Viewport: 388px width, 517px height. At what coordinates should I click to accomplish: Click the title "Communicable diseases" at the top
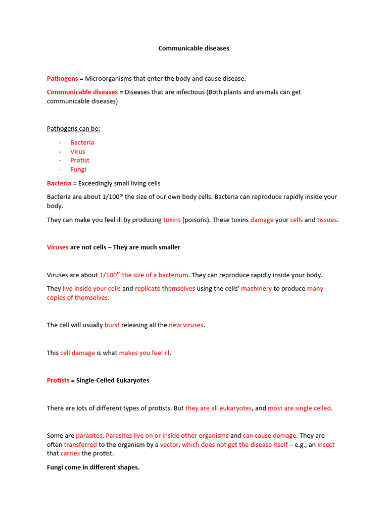point(193,48)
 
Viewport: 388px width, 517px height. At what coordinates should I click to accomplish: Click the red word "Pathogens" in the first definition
point(62,79)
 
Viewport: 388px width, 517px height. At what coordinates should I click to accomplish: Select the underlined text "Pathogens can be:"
point(73,129)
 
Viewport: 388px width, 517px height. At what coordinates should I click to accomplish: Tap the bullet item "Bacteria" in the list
point(82,142)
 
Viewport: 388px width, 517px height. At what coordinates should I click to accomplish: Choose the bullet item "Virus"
point(78,151)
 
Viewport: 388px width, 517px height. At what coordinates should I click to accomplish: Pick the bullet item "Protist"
point(80,161)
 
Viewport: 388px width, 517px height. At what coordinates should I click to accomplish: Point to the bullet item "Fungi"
point(78,170)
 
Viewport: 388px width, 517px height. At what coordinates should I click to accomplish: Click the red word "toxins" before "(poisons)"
point(172,220)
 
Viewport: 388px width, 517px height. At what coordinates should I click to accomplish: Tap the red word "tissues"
point(327,220)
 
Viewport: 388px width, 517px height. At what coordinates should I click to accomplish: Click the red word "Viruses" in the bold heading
point(58,247)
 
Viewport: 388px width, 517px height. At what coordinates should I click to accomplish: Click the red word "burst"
point(112,325)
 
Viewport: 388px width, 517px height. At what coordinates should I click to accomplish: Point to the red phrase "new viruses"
point(186,325)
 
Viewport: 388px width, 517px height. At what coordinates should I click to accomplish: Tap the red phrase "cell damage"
point(77,353)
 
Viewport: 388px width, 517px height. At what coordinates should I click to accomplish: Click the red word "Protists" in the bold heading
point(58,380)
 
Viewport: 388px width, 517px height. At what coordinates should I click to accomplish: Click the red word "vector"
point(169,445)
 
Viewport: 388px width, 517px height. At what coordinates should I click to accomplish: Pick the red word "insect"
point(326,445)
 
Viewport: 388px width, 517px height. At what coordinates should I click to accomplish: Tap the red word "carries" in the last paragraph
point(70,453)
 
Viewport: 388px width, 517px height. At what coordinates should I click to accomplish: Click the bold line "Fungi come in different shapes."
point(93,468)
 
